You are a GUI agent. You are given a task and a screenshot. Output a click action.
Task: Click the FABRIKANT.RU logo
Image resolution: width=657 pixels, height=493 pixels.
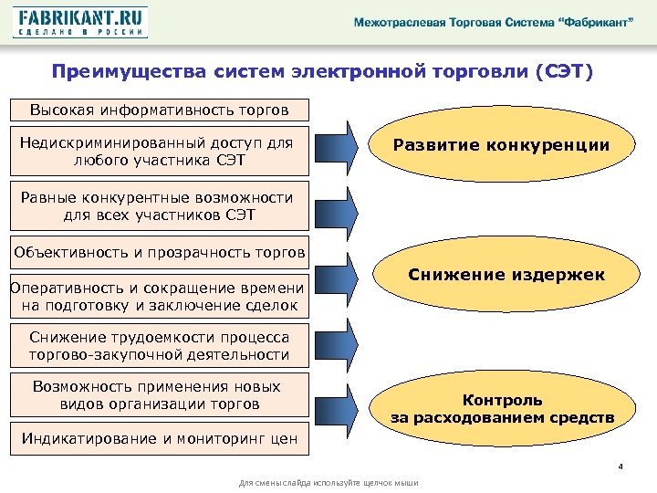click(80, 22)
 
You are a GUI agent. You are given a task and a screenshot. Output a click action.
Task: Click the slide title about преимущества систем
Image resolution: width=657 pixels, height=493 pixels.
click(322, 71)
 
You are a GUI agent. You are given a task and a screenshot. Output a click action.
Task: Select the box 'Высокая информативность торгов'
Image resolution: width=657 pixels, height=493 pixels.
click(159, 110)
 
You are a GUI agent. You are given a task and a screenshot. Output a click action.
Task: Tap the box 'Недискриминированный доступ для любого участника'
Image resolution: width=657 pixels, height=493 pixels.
click(159, 152)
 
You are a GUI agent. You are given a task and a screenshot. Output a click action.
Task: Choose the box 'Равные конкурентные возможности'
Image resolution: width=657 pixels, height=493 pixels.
click(159, 206)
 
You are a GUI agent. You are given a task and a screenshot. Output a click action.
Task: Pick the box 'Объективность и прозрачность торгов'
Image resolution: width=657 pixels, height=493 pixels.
click(159, 252)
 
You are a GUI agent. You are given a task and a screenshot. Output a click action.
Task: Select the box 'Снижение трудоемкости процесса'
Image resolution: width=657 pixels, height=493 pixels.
click(159, 346)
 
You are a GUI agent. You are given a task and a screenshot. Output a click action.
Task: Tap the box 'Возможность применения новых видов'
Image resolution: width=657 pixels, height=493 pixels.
click(159, 394)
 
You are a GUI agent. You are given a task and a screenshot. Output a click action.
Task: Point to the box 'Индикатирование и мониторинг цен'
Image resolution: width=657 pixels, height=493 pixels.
click(159, 438)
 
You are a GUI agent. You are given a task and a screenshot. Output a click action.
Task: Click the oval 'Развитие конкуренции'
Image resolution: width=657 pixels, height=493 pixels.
click(501, 146)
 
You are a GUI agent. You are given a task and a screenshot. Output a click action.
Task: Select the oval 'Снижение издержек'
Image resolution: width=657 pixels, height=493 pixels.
click(506, 274)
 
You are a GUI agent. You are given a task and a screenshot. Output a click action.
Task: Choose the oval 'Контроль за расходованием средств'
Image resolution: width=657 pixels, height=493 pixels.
click(502, 408)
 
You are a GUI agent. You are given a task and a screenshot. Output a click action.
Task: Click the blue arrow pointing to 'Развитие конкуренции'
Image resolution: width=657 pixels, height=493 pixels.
click(345, 146)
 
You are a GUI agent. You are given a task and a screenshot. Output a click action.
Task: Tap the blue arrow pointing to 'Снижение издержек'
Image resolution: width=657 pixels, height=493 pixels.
click(345, 274)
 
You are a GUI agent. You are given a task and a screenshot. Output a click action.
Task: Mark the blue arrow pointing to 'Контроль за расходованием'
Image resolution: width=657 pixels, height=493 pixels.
click(345, 406)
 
